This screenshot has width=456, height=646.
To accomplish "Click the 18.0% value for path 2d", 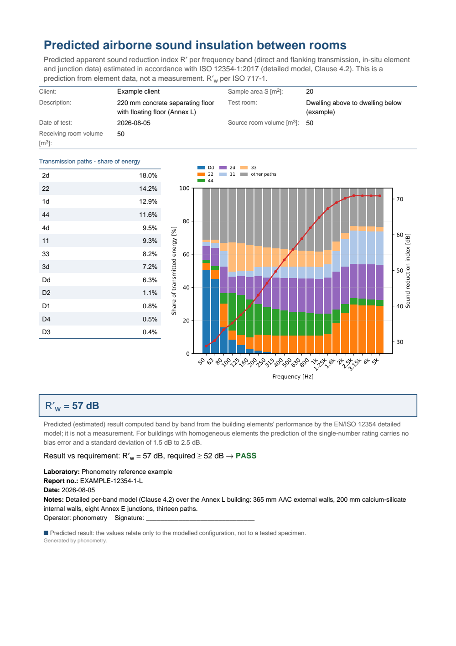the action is (148, 175).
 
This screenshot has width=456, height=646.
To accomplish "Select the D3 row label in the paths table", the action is (46, 332).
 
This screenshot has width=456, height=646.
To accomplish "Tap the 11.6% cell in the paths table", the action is (148, 215).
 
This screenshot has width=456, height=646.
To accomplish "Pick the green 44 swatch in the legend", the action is (201, 181).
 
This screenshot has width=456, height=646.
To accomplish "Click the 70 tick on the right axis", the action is (399, 200).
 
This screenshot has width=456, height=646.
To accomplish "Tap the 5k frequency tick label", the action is (375, 362).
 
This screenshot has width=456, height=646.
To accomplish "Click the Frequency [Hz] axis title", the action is (293, 377).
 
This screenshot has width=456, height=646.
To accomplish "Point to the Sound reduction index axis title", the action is (408, 271).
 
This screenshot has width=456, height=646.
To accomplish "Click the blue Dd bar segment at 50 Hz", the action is (206, 312).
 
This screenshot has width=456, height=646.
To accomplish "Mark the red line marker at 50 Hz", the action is (206, 346).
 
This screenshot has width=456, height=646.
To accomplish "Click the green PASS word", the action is (246, 456).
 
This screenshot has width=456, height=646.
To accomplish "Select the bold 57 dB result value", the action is (86, 406).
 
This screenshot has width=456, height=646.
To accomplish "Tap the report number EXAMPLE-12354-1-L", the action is (111, 481).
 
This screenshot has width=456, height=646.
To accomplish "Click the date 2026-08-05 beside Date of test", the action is (134, 123).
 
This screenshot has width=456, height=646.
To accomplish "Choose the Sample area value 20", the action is (310, 91).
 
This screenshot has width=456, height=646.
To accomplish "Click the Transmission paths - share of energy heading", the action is (89, 162).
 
